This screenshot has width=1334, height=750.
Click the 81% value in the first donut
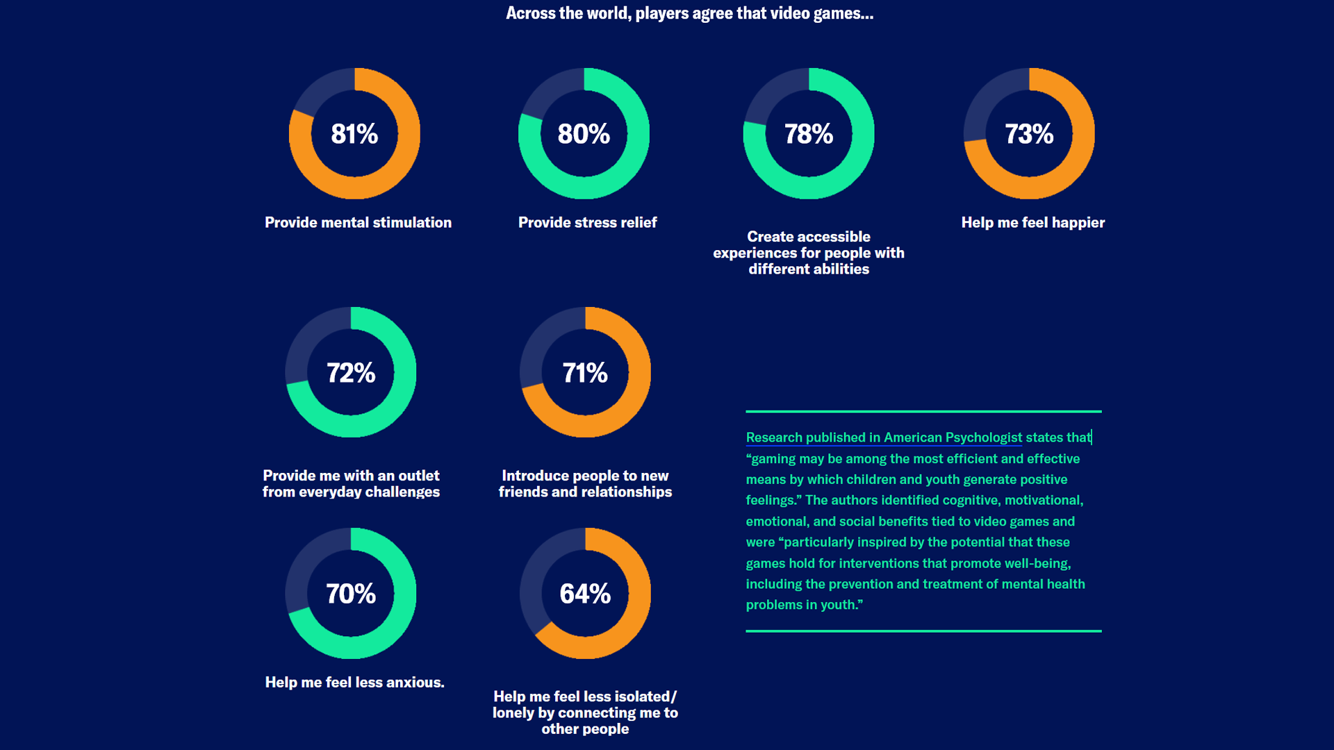coord(354,134)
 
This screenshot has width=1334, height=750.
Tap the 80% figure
coord(584,134)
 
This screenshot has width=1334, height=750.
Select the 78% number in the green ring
coord(809,134)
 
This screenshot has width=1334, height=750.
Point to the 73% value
coord(1029,134)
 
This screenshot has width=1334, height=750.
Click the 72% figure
coord(351,373)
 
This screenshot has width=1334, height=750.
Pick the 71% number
coord(585,373)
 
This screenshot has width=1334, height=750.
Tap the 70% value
coord(351,594)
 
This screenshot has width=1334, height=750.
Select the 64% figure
coord(585,594)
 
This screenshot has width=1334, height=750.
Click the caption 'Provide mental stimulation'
coord(358,223)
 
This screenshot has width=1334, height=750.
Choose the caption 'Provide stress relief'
coord(587,223)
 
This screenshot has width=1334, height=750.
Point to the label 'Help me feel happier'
coord(1032,223)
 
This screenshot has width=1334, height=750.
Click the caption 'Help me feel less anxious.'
coord(354,683)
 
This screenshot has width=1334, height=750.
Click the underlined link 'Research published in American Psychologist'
coord(884,437)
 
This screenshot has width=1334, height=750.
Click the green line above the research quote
coord(923,411)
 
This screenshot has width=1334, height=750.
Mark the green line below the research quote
coord(923,631)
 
